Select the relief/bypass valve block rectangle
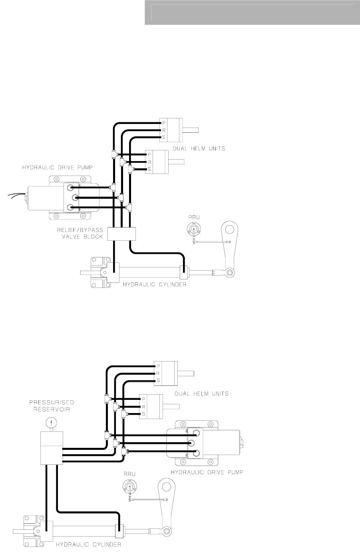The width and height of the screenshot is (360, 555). pos(122,234)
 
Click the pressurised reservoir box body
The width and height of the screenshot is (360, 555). pos(52,448)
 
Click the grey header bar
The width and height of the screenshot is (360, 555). pos(252,12)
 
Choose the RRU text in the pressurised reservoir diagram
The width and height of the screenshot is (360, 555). pos(130,474)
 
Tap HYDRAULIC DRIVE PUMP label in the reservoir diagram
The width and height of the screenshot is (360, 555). pos(207,472)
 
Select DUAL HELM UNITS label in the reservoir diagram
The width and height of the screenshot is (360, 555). pos(201,393)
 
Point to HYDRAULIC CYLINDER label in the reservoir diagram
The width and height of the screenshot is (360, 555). pos(88,544)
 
